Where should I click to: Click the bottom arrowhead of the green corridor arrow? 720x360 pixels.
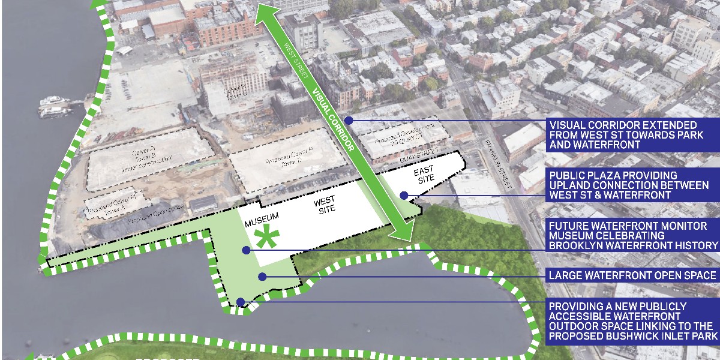click(403, 231)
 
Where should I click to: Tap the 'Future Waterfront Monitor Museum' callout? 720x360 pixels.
click(632, 236)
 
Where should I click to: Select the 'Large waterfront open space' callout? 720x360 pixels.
click(632, 276)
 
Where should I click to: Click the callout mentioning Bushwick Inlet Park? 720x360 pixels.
click(632, 322)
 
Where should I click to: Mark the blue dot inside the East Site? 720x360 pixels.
click(404, 195)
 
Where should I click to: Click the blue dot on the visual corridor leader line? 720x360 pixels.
click(349, 121)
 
